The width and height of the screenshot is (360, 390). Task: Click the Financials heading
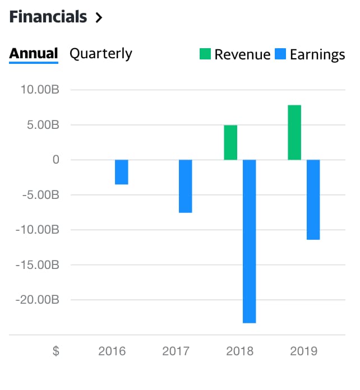[x=48, y=17]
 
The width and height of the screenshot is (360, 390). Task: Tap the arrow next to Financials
[x=99, y=17]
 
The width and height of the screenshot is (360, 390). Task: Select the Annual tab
[x=34, y=54]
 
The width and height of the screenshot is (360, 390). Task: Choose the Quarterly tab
[x=101, y=54]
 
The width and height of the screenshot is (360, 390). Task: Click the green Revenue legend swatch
[x=205, y=54]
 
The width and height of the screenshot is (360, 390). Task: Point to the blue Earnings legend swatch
[x=280, y=54]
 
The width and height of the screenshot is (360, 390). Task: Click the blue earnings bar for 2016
[x=122, y=172]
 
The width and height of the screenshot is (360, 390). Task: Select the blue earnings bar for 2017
[x=186, y=186]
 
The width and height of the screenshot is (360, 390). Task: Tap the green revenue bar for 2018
[x=230, y=142]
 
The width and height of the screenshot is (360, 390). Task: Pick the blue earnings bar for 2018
[x=250, y=241]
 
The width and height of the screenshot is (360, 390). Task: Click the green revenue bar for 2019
[x=294, y=132]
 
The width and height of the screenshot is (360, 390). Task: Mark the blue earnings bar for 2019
[x=313, y=199]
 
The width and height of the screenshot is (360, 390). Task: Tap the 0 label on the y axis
[x=56, y=160]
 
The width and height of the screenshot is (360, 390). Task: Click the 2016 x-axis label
[x=112, y=352]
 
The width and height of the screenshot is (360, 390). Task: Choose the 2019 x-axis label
[x=304, y=352]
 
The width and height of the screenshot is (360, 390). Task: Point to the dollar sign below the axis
[x=56, y=352]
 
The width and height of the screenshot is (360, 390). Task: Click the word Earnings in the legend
[x=317, y=54]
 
